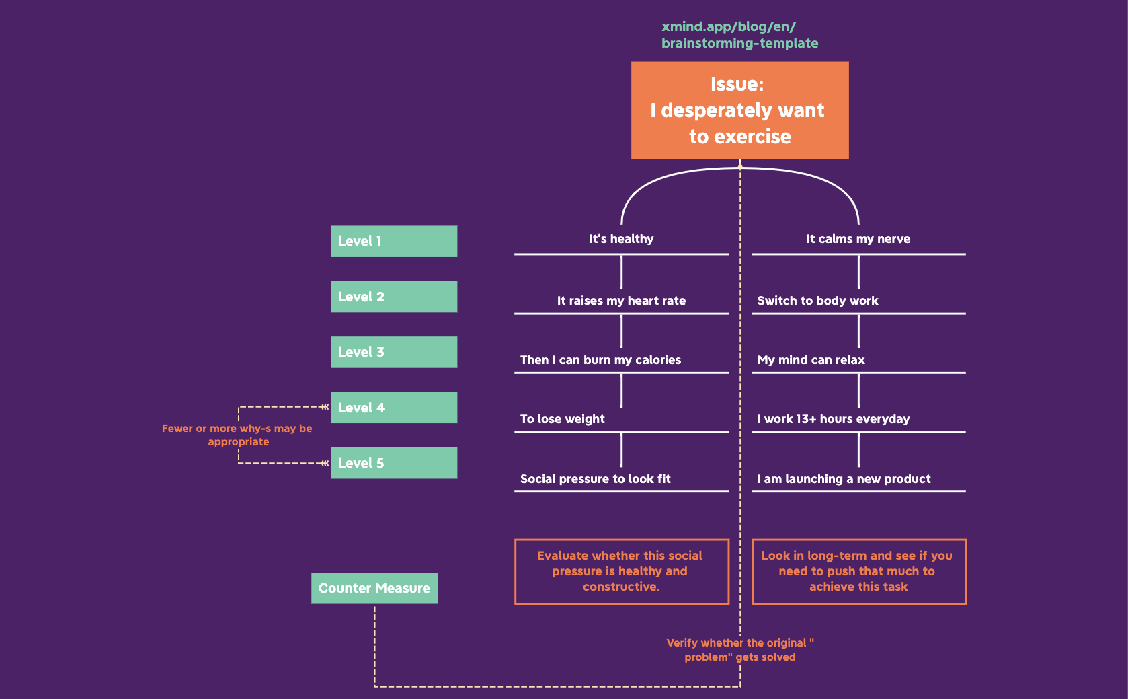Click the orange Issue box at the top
click(739, 110)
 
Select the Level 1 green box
click(393, 241)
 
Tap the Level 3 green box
click(393, 352)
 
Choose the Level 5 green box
click(393, 463)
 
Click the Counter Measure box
click(374, 588)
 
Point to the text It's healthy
click(621, 239)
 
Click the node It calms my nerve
click(858, 239)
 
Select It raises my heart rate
click(621, 301)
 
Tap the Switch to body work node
click(817, 301)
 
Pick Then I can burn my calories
click(600, 360)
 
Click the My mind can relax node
click(811, 360)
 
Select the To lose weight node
click(562, 419)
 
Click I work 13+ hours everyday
click(833, 419)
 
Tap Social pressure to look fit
click(595, 479)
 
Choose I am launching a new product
click(844, 479)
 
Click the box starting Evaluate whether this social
click(621, 571)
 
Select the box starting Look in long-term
click(858, 571)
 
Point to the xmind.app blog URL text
click(739, 35)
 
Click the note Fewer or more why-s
click(237, 435)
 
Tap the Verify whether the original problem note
click(739, 650)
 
